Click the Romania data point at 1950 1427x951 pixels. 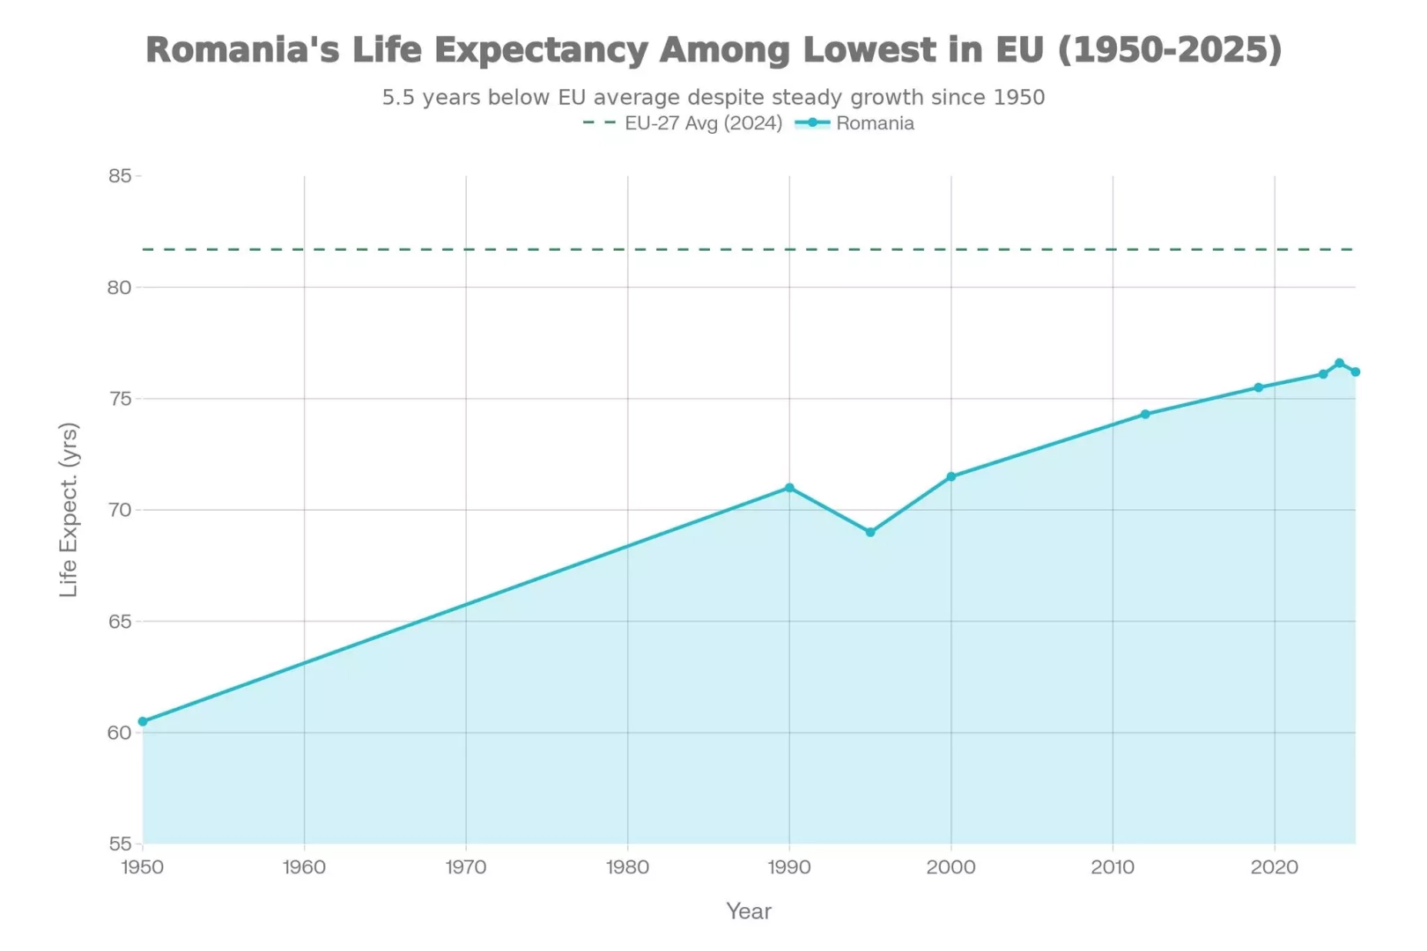pyautogui.click(x=143, y=721)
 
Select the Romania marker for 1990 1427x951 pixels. pyautogui.click(x=789, y=488)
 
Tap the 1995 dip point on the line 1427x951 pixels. pyautogui.click(x=870, y=532)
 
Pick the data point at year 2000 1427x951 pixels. pyautogui.click(x=951, y=476)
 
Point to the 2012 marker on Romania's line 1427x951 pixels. pyautogui.click(x=1145, y=414)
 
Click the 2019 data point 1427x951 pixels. pyautogui.click(x=1259, y=387)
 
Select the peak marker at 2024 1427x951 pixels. pyautogui.click(x=1339, y=363)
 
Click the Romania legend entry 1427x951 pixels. pyautogui.click(x=874, y=123)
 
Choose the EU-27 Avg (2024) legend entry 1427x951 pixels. pyautogui.click(x=703, y=123)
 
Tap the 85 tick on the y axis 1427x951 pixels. pyautogui.click(x=120, y=176)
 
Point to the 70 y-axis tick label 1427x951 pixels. pyautogui.click(x=120, y=510)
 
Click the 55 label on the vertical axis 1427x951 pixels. pyautogui.click(x=120, y=844)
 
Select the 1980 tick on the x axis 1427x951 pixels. pyautogui.click(x=627, y=867)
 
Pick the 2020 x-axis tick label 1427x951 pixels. pyautogui.click(x=1274, y=867)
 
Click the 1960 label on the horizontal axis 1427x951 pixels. pyautogui.click(x=304, y=867)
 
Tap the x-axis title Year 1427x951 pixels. pyautogui.click(x=749, y=911)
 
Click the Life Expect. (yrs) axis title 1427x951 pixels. pyautogui.click(x=69, y=510)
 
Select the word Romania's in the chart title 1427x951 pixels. pyautogui.click(x=242, y=50)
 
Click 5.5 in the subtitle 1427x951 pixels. pyautogui.click(x=398, y=97)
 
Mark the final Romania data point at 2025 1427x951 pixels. pyautogui.click(x=1355, y=372)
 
